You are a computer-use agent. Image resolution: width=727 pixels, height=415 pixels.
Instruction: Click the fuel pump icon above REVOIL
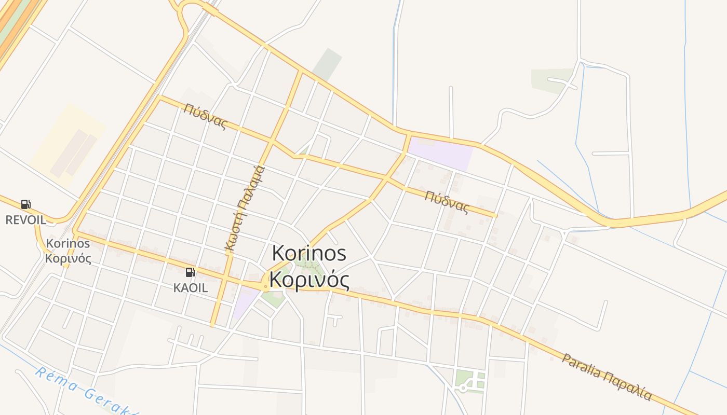click(25, 204)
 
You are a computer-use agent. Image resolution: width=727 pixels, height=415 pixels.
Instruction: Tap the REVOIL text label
click(25, 220)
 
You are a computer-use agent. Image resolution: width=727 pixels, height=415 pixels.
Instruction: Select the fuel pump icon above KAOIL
click(191, 272)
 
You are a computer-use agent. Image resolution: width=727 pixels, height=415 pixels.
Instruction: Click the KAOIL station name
click(191, 288)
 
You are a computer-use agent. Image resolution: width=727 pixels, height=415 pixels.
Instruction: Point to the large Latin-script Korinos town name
click(309, 253)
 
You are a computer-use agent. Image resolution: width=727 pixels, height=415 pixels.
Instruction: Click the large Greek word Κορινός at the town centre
click(309, 280)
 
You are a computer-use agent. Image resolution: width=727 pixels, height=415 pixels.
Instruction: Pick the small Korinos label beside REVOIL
click(68, 243)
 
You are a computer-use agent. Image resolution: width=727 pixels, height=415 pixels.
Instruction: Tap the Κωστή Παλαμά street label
click(245, 208)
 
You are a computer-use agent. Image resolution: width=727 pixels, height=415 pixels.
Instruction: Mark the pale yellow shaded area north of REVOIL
click(68, 145)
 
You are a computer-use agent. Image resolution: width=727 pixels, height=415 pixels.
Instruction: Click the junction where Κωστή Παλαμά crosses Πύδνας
click(271, 140)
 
